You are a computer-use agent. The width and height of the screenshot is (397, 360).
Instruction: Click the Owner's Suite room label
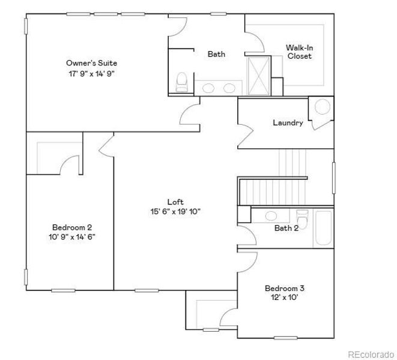click(x=91, y=62)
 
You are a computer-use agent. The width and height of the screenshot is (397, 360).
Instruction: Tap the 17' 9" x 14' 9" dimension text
click(x=91, y=74)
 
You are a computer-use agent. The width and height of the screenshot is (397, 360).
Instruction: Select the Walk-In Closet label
click(x=298, y=52)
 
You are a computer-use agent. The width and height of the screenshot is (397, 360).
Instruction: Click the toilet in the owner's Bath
click(x=181, y=82)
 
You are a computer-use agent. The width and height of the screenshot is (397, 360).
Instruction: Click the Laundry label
click(x=288, y=123)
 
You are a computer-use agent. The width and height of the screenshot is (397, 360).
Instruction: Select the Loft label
click(x=175, y=202)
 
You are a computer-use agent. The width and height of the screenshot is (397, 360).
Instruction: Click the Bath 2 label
click(x=286, y=228)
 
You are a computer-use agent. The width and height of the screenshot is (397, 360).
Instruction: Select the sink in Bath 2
click(x=271, y=215)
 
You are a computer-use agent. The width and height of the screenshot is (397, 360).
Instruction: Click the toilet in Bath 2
click(x=303, y=220)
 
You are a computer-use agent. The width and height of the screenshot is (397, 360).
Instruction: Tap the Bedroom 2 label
click(x=71, y=227)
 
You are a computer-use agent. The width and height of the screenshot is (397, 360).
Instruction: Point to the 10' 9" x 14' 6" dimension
click(x=71, y=237)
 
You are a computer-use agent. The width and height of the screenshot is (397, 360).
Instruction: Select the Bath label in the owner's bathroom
click(x=216, y=54)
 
